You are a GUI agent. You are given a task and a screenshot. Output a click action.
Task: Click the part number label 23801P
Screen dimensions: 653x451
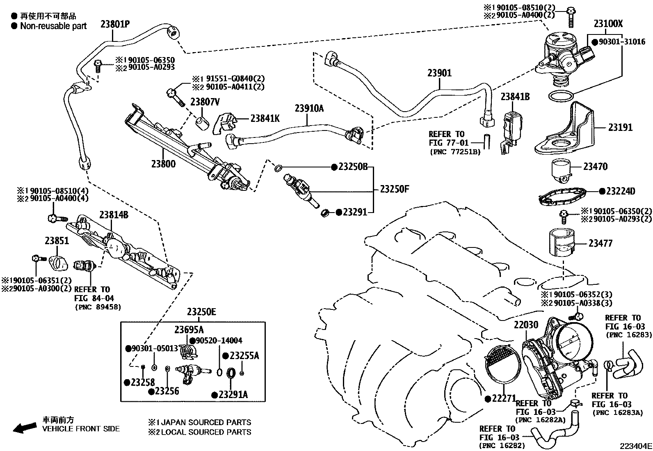(115, 24)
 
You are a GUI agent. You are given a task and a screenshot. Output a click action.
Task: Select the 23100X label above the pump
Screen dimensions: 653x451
(608, 23)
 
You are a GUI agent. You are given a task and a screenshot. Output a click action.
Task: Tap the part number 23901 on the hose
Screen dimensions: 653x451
(439, 73)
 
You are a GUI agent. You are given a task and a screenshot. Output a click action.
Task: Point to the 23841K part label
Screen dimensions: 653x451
(265, 118)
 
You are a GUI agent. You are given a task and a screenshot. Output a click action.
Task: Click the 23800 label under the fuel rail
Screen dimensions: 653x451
(163, 164)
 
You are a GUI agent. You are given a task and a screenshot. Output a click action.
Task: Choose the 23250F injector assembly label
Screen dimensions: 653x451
(395, 189)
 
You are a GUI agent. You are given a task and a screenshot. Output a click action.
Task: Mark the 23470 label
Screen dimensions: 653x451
(595, 167)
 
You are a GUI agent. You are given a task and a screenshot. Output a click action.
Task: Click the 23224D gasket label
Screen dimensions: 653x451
(620, 191)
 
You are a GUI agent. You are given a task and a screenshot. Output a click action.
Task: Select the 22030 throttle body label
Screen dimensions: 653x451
(526, 324)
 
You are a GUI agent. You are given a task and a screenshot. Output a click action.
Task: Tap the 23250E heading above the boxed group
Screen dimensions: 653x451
(201, 312)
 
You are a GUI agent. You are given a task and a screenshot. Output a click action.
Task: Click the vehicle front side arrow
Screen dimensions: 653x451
(25, 428)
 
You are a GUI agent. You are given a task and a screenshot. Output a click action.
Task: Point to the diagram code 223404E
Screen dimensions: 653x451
(635, 446)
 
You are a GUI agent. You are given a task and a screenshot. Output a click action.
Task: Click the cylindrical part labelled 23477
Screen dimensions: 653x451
(562, 243)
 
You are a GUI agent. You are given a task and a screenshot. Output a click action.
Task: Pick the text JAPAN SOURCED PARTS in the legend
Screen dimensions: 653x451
(206, 422)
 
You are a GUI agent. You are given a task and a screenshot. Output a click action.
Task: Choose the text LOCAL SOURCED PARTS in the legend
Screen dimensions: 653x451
(206, 432)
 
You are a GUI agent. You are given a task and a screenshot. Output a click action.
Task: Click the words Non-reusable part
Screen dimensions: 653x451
(53, 26)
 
